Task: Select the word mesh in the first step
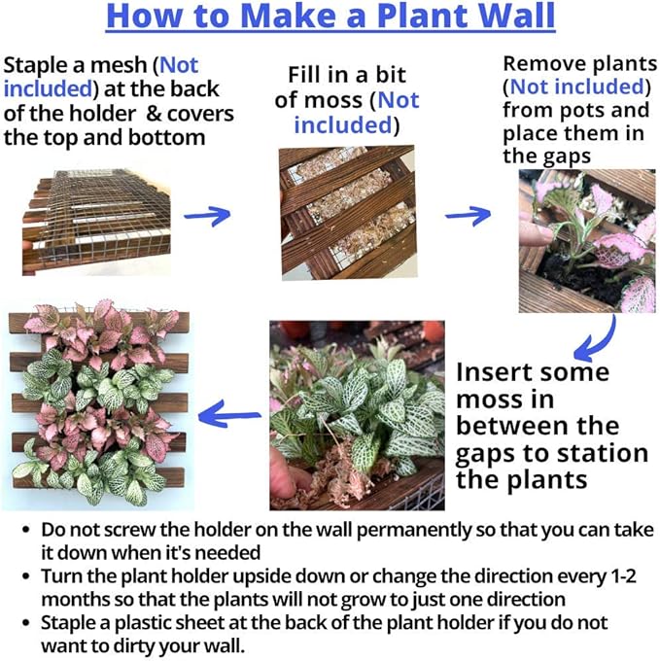[x=124, y=66]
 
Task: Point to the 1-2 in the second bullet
[x=620, y=574]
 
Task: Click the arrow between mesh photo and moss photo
[x=208, y=215]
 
